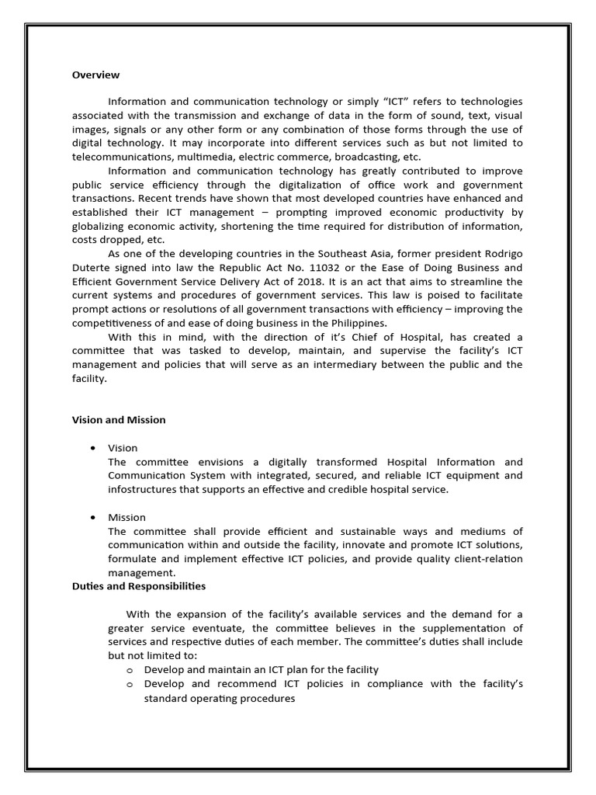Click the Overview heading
pyautogui.click(x=95, y=75)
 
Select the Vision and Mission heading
pyautogui.click(x=119, y=420)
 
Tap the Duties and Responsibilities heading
pyautogui.click(x=139, y=586)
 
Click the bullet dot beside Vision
pyautogui.click(x=93, y=448)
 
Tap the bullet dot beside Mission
pyautogui.click(x=93, y=517)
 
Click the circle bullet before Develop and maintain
pyautogui.click(x=129, y=670)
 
